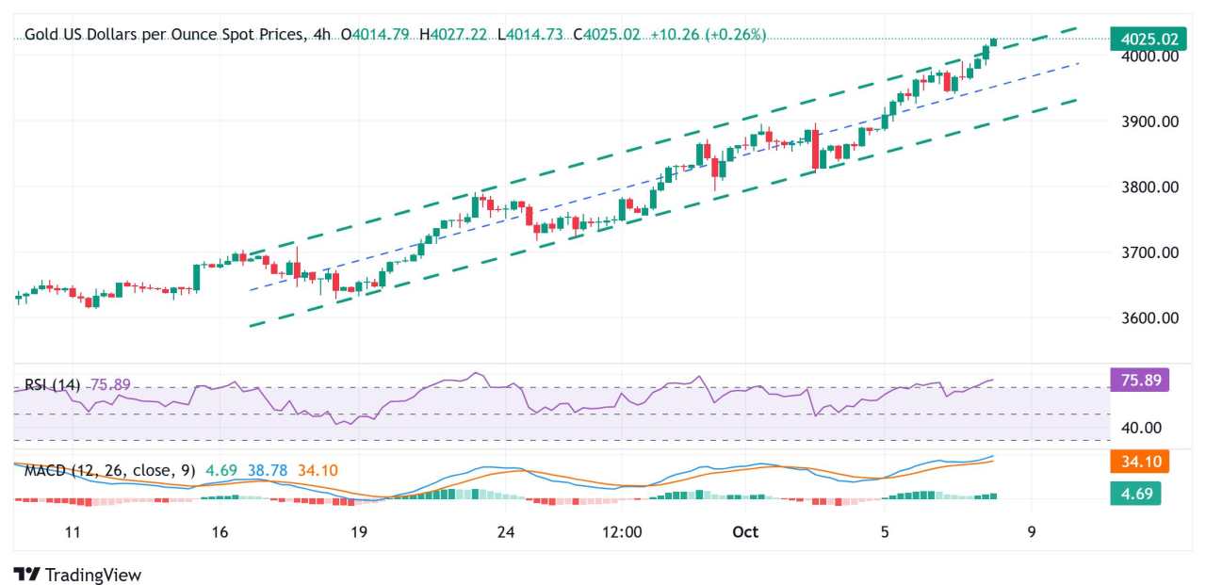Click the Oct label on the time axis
point(745,532)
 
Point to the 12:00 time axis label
point(622,532)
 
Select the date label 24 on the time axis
point(506,532)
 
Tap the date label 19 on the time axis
point(358,532)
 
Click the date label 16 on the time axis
point(220,532)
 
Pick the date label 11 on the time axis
point(73,532)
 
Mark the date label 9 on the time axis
point(1032,532)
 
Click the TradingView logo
point(77,574)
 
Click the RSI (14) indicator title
point(53,384)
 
